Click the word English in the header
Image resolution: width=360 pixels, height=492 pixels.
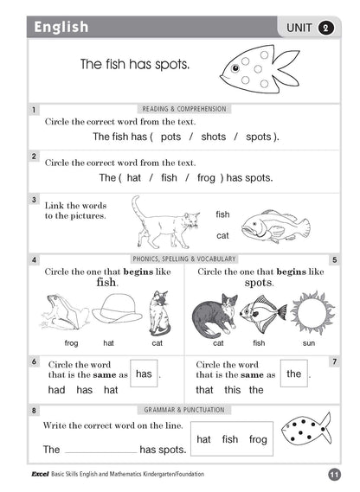tap(61, 28)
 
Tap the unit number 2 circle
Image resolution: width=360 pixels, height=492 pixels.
tap(325, 29)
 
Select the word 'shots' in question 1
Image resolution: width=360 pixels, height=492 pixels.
tap(214, 137)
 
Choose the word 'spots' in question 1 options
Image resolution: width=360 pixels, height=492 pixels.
tap(259, 137)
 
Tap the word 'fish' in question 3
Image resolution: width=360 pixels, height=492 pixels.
tap(223, 214)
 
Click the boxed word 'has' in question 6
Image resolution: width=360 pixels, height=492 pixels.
tap(144, 374)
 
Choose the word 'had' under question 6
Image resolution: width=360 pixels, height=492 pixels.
tap(57, 391)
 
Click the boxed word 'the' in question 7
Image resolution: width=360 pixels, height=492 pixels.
tap(294, 374)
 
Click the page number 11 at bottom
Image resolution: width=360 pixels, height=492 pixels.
tap(334, 474)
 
